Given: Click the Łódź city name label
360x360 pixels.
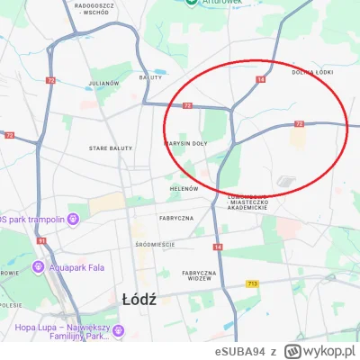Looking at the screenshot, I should (139, 299).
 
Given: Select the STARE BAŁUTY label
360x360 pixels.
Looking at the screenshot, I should (111, 148).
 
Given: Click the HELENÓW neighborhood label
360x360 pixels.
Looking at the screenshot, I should (184, 189).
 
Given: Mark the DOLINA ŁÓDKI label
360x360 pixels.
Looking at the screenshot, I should (311, 73).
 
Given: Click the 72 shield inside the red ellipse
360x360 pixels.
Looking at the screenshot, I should (299, 123).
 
